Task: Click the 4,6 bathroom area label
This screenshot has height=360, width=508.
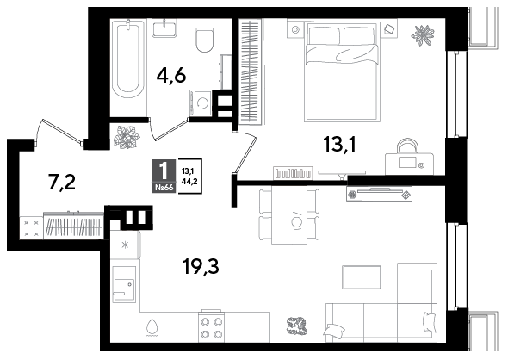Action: [x=171, y=77]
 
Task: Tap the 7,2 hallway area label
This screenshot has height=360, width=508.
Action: [x=61, y=182]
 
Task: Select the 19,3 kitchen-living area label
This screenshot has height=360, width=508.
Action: [x=201, y=267]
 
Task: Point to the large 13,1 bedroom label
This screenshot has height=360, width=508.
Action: [x=340, y=144]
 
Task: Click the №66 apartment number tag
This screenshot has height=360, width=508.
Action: [x=164, y=187]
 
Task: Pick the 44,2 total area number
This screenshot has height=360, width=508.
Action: [x=189, y=181]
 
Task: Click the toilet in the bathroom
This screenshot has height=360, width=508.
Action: [x=204, y=40]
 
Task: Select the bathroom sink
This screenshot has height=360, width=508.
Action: [x=164, y=28]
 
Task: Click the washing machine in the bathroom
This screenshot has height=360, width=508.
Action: [x=201, y=102]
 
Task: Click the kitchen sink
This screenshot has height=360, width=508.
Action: [x=124, y=285]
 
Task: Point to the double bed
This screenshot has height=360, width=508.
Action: [x=342, y=72]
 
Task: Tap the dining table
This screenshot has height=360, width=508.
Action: [x=289, y=214]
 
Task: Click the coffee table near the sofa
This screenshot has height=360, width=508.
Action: [x=362, y=277]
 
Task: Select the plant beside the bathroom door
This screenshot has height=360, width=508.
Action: [x=127, y=138]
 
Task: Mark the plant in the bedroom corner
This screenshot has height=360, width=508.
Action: [x=423, y=34]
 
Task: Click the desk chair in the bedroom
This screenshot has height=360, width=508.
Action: [x=407, y=145]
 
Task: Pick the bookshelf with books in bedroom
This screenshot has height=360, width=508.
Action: [x=294, y=172]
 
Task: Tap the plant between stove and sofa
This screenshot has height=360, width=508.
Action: [x=297, y=326]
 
